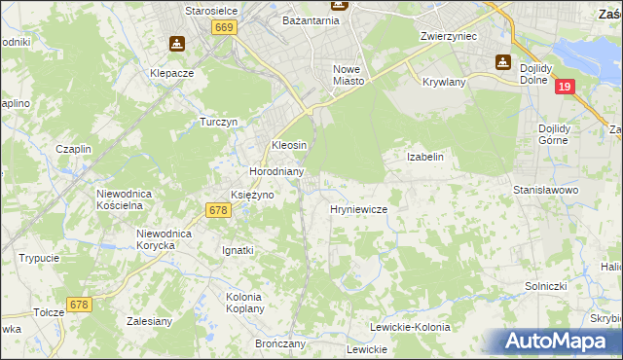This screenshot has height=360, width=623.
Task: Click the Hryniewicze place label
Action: [359, 209]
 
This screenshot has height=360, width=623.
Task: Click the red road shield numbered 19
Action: [567, 88]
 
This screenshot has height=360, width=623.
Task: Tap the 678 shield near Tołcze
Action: [79, 305]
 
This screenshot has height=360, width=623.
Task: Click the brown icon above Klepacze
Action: [176, 44]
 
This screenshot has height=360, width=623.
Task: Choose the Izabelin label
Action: [424, 157]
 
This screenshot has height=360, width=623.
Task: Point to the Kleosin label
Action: [289, 145]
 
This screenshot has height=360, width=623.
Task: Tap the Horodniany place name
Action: [277, 171]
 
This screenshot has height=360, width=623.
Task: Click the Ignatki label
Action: [238, 250]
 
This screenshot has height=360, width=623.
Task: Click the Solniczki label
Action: [545, 286]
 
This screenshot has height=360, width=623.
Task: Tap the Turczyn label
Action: [219, 122]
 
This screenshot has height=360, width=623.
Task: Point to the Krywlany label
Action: [444, 83]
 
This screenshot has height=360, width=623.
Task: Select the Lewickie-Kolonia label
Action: [413, 328]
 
